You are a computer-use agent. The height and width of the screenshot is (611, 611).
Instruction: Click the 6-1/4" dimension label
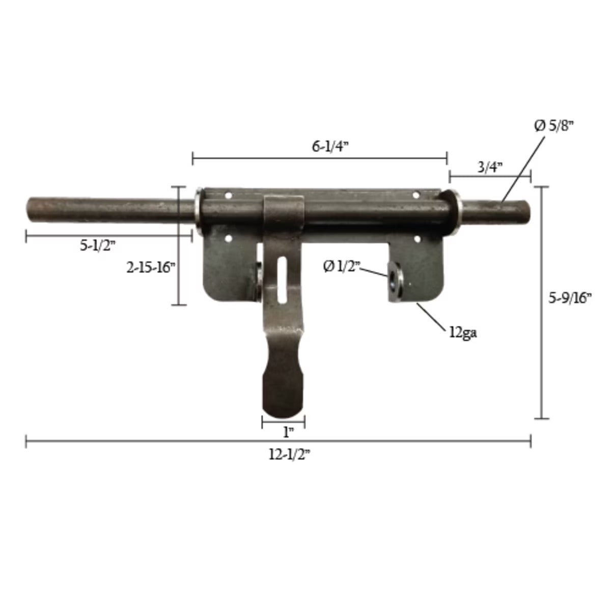pos(330,146)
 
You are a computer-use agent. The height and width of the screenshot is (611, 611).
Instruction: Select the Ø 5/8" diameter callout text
pos(554,126)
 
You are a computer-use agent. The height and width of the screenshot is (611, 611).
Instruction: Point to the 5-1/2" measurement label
pos(98,245)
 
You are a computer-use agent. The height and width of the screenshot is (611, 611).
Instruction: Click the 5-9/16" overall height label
pos(570,299)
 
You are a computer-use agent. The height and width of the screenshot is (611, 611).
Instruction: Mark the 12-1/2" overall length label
pos(289,455)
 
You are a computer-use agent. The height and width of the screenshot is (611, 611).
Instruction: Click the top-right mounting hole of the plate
pos(417,194)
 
